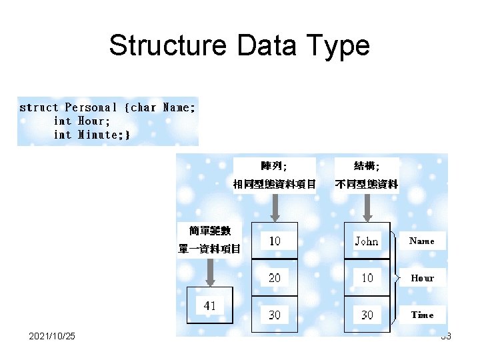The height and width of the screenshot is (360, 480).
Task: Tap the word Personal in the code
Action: [91, 107]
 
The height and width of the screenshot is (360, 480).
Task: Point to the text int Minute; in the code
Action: [92, 134]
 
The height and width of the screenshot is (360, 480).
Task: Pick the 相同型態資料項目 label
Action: [274, 184]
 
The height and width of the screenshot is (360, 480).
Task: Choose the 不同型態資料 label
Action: [366, 184]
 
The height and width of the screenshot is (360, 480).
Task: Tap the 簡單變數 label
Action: [210, 231]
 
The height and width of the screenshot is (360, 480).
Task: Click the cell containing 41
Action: [210, 306]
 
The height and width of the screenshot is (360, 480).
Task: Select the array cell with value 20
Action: [275, 277]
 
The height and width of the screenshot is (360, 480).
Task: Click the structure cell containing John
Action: [367, 241]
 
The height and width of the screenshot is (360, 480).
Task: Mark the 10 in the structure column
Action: [367, 277]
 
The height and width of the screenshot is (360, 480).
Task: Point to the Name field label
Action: [421, 241]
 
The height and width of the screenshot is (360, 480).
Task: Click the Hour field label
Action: [422, 278]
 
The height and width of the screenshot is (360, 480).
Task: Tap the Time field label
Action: [422, 315]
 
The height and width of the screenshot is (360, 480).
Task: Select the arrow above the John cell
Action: [367, 207]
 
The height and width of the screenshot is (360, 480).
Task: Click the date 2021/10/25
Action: [52, 336]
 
